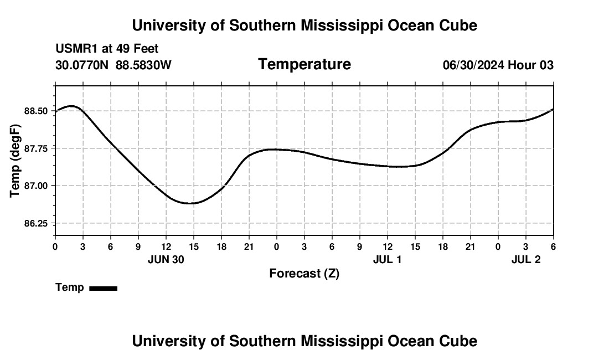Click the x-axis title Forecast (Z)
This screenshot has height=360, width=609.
304,273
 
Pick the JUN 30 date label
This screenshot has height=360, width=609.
166,259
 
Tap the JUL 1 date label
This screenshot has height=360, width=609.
387,259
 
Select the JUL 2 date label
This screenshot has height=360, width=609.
525,259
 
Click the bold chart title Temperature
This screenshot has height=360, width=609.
304,64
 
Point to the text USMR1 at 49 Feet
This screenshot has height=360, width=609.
107,49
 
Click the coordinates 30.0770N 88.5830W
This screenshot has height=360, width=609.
113,65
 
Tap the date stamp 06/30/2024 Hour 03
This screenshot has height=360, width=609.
498,65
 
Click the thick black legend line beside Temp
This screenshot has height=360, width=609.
104,288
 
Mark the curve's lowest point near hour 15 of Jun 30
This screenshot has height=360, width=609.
190,203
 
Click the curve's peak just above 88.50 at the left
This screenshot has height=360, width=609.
71,106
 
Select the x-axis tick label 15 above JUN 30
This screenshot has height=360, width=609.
193,246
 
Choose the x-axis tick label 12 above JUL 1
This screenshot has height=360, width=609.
387,246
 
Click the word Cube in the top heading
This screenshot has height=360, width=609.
458,25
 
